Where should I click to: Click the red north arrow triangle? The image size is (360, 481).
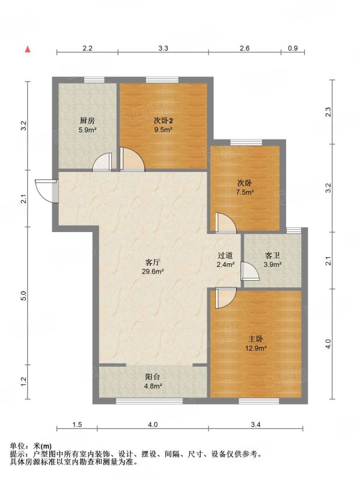point(28,49)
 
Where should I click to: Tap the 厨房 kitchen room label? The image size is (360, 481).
point(87,121)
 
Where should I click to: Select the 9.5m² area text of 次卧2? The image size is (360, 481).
point(163,129)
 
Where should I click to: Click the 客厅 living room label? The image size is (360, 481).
point(153,262)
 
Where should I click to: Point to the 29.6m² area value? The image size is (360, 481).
point(153,271)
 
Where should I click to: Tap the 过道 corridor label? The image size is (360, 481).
point(225,256)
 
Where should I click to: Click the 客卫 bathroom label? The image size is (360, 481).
point(273,256)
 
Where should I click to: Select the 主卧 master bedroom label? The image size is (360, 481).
point(255,339)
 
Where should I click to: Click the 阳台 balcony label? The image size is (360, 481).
point(153,377)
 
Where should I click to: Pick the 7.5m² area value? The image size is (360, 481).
point(245,192)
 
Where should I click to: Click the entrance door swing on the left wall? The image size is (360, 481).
point(46,191)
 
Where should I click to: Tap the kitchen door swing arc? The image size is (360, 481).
point(102,161)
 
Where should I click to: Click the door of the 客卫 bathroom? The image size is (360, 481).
point(250,271)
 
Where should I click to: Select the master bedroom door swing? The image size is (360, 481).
point(226,298)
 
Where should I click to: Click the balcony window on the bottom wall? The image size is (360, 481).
point(149,400)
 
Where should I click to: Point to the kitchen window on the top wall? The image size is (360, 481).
point(94,80)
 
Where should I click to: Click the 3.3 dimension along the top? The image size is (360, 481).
point(163,48)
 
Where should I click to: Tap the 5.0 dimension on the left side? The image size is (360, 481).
point(25,296)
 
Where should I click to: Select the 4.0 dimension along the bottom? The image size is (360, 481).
point(153,424)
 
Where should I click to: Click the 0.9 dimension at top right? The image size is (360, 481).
point(293,48)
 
